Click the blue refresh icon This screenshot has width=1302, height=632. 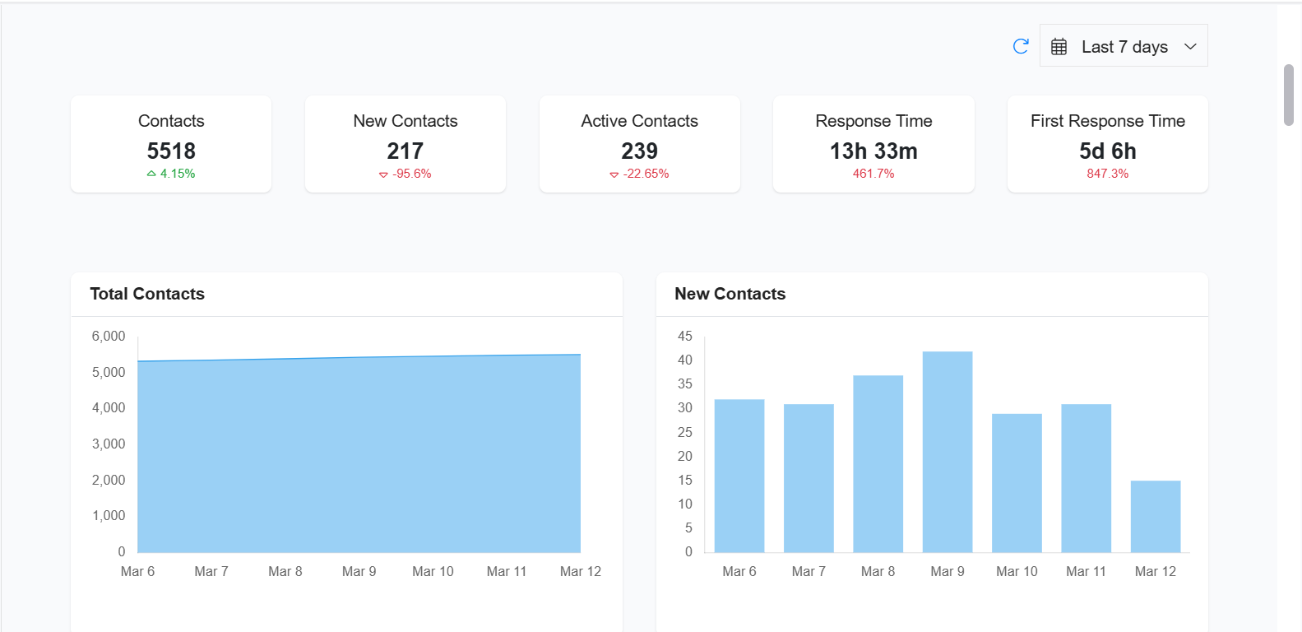pyautogui.click(x=1021, y=46)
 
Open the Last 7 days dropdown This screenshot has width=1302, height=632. pyautogui.click(x=1124, y=46)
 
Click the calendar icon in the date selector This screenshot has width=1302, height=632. pyautogui.click(x=1059, y=47)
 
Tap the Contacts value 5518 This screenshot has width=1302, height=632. pyautogui.click(x=171, y=151)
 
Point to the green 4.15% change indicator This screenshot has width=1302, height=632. pyautogui.click(x=171, y=174)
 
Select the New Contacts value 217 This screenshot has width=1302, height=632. pyautogui.click(x=405, y=151)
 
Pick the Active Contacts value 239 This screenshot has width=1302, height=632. pyautogui.click(x=639, y=151)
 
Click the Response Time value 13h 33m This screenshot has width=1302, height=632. pyautogui.click(x=873, y=151)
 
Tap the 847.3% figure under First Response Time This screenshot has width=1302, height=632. pyautogui.click(x=1107, y=174)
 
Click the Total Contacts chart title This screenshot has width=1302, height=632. pyautogui.click(x=147, y=294)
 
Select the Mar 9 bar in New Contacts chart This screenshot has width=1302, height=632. pyautogui.click(x=948, y=453)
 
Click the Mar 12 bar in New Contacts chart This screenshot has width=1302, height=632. pyautogui.click(x=1156, y=517)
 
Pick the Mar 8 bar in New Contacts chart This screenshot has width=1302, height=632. pyautogui.click(x=878, y=464)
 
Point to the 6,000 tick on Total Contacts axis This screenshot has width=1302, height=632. pyautogui.click(x=109, y=336)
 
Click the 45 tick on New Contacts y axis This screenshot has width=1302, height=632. pyautogui.click(x=685, y=336)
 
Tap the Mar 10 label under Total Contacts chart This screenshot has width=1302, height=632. pyautogui.click(x=433, y=571)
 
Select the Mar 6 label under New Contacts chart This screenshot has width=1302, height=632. pyautogui.click(x=739, y=571)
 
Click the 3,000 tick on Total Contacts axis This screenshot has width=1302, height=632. pyautogui.click(x=109, y=444)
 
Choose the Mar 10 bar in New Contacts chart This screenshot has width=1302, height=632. pyautogui.click(x=1017, y=483)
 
